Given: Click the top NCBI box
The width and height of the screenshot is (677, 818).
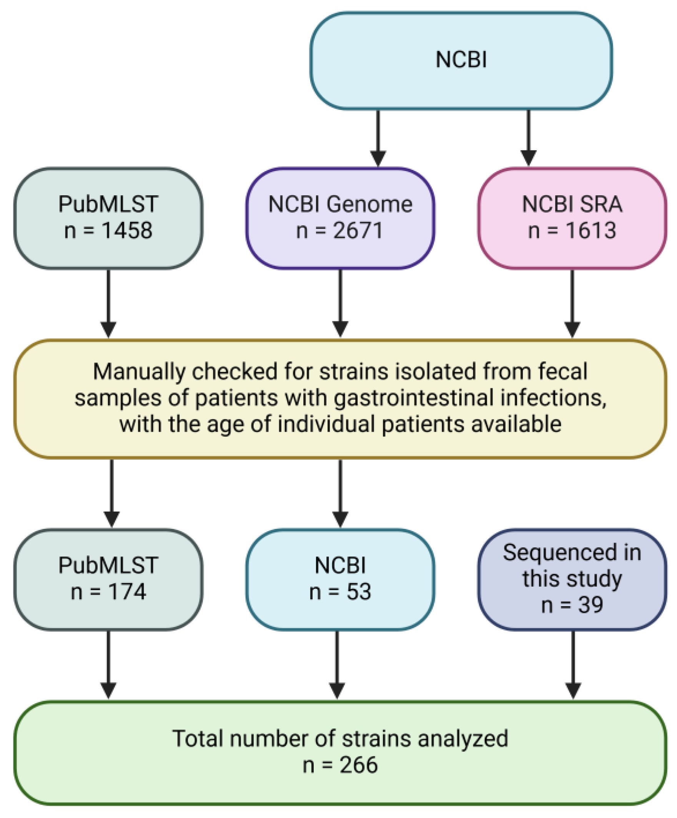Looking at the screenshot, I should pyautogui.click(x=461, y=60).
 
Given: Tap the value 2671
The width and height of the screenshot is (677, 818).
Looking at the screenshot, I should pyautogui.click(x=358, y=230).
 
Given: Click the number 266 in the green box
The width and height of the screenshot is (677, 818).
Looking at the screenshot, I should pyautogui.click(x=358, y=765).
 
